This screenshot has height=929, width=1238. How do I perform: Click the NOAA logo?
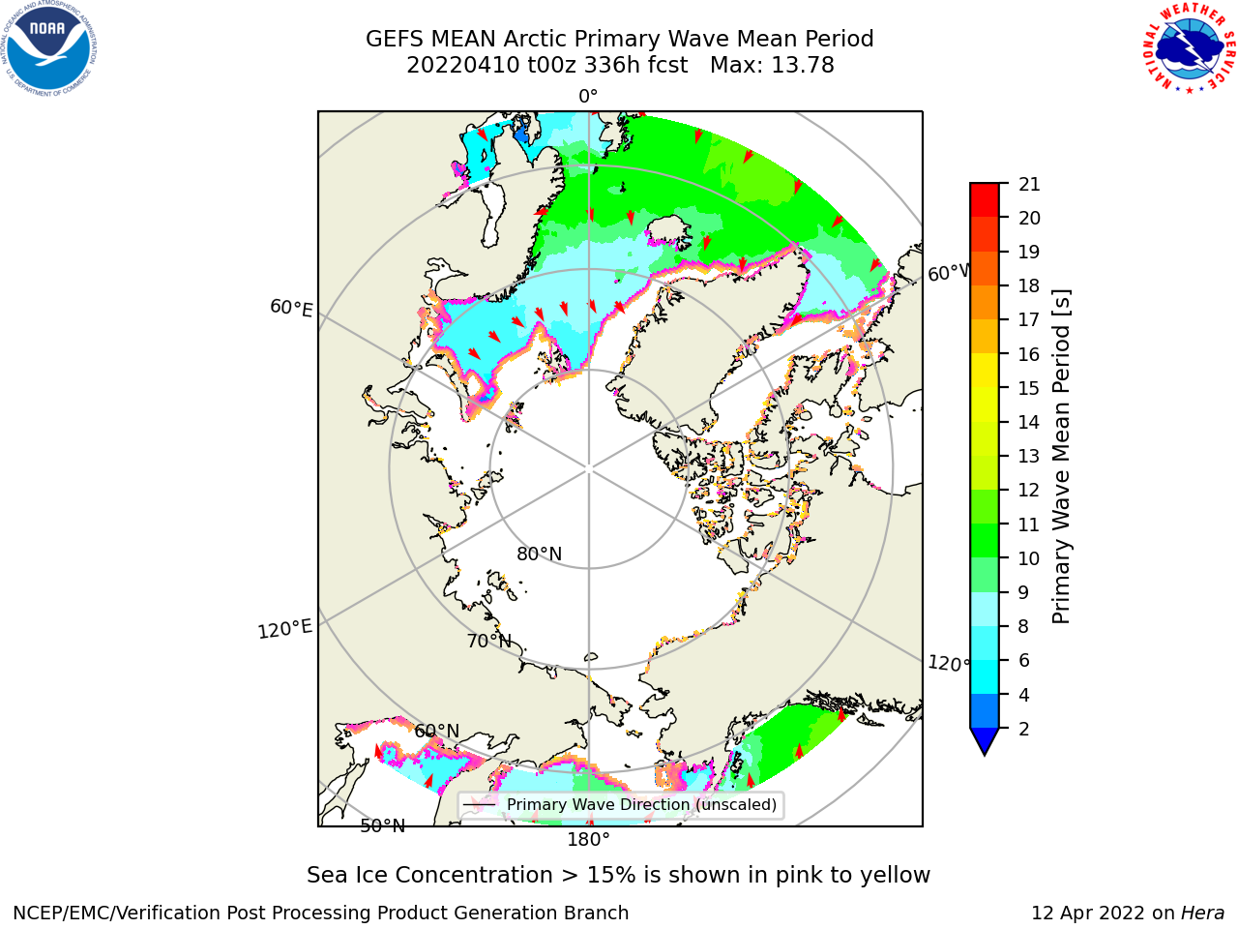49,48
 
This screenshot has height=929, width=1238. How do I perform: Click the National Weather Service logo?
1190,48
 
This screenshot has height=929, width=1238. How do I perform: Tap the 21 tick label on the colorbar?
1029,185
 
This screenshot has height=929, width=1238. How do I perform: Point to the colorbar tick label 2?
1024,729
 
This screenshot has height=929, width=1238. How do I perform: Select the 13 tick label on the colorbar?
1029,457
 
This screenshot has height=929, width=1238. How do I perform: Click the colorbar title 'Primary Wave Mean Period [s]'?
1061,457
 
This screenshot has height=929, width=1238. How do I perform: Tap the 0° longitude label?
588,97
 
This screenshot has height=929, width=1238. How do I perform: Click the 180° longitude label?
588,840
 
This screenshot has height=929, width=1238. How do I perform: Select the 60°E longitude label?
291,308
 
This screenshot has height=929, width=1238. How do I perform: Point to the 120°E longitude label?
284,629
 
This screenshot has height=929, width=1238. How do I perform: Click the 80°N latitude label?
539,554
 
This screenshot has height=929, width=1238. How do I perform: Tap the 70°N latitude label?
489,642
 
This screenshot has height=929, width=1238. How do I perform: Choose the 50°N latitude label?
383,826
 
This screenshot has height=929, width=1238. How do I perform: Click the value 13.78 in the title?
802,66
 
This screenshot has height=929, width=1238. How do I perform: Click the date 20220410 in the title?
462,66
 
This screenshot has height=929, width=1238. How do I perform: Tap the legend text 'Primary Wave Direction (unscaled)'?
642,805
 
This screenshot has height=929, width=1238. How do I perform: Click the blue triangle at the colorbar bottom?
985,741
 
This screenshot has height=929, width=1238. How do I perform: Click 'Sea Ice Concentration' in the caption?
429,876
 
